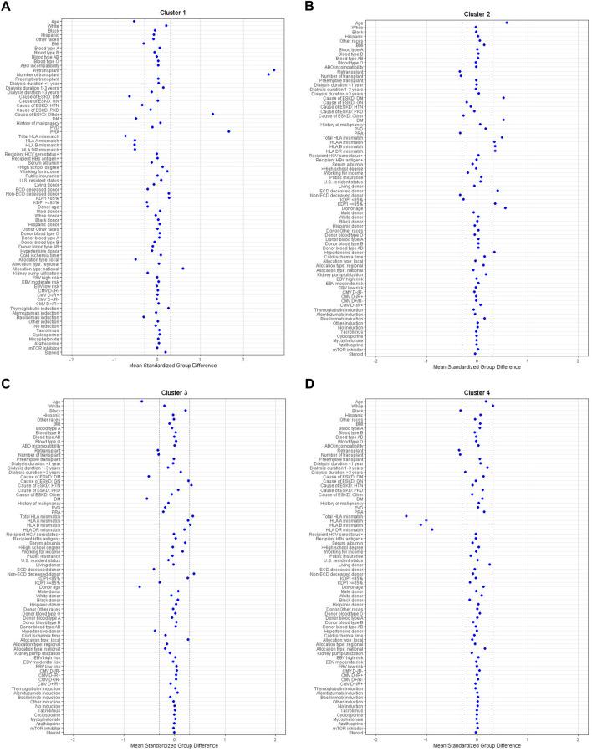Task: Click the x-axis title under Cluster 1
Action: point(157,366)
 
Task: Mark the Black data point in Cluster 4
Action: point(460,411)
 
